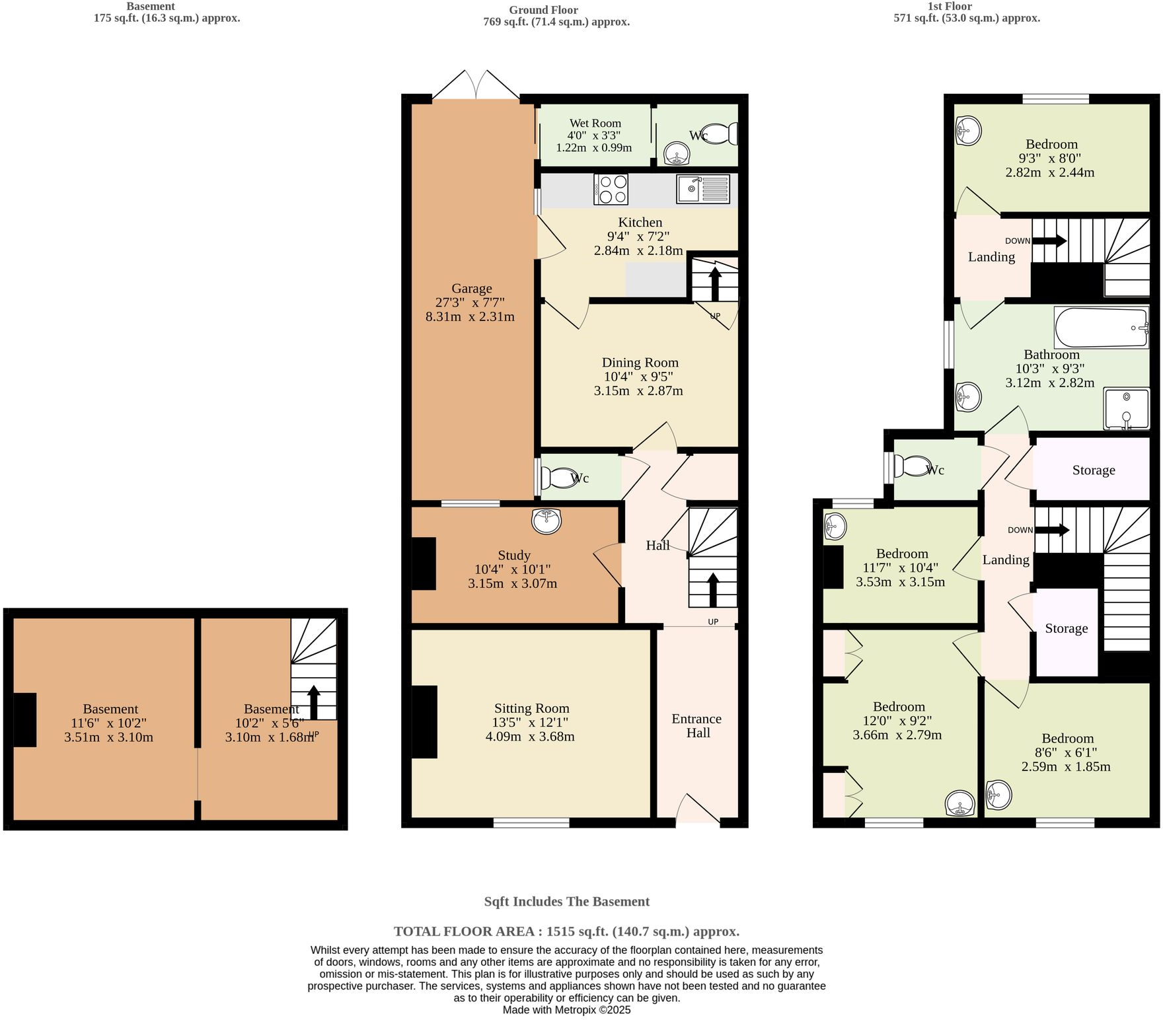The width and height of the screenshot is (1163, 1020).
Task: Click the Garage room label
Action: pos(472,289)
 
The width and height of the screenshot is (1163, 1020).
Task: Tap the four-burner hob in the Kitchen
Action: pos(611,189)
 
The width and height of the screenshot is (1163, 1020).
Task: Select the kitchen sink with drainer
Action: pos(703,189)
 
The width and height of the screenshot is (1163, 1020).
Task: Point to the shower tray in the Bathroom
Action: pos(1127,409)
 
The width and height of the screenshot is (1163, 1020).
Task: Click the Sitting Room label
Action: pos(531,708)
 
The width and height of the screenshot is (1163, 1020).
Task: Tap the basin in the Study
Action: pos(546,521)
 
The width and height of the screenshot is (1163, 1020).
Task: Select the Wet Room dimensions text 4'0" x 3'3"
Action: pos(595,135)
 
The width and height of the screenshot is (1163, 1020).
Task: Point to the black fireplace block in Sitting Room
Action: pos(424,721)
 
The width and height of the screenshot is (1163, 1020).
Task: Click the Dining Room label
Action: pos(640,363)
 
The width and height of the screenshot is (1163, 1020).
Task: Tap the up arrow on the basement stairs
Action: pos(314,703)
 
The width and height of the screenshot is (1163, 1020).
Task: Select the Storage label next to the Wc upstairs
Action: pos(1093,470)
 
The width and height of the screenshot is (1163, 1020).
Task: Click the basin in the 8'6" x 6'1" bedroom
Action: pos(998,795)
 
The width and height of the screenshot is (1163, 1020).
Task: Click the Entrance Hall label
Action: pos(697,725)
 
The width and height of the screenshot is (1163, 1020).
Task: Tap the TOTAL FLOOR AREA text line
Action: pos(566,931)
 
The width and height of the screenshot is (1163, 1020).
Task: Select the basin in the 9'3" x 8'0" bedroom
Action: pos(968,131)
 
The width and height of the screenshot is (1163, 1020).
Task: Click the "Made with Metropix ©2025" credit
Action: pos(566,1010)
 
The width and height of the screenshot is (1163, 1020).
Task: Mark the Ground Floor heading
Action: pos(543,10)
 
